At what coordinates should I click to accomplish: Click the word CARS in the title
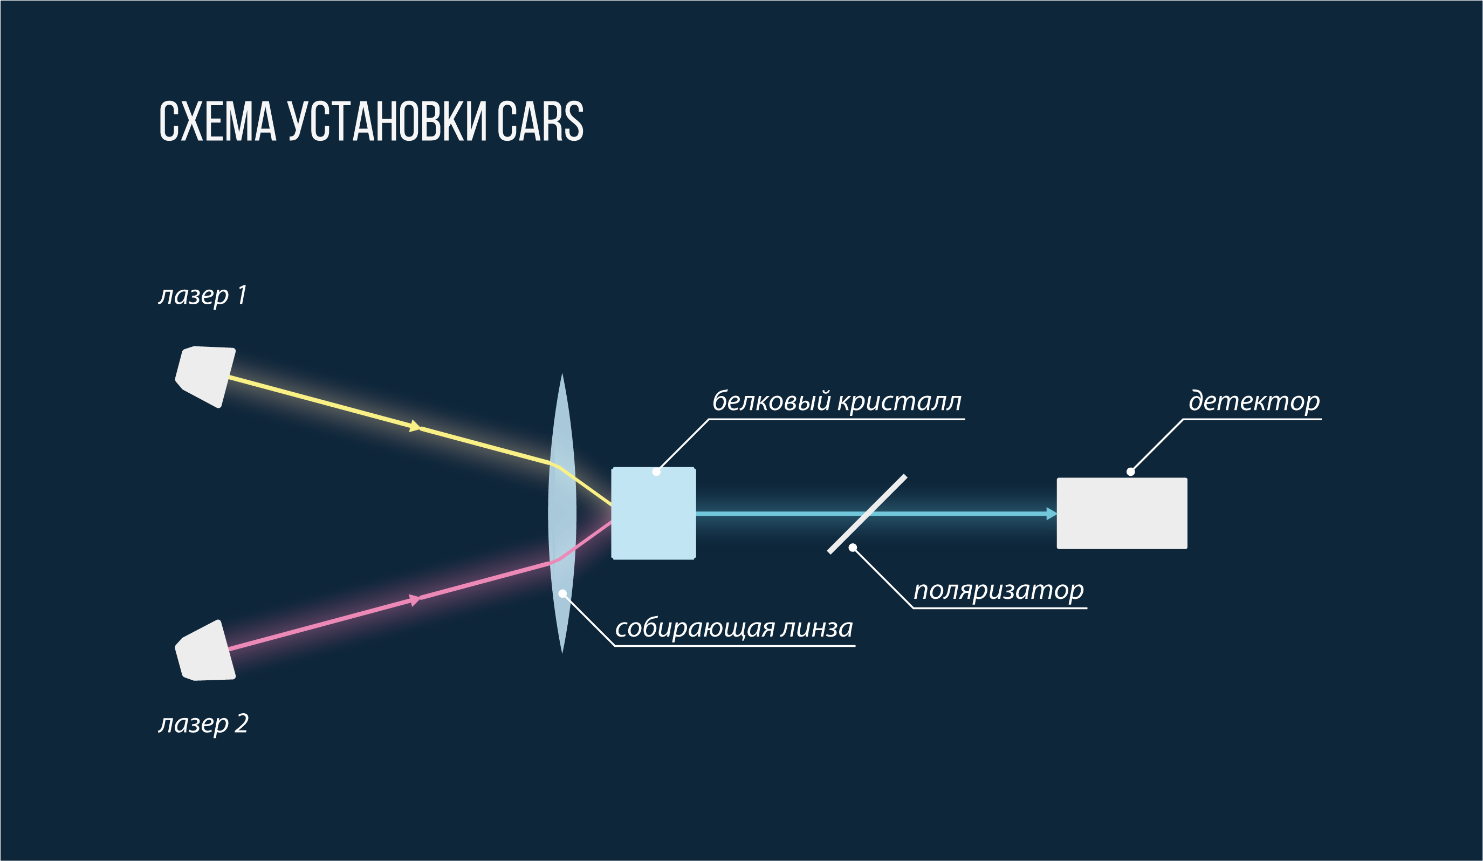(540, 121)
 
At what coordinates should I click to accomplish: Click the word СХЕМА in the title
(217, 121)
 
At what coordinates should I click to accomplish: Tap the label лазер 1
(203, 296)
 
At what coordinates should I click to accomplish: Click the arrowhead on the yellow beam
(415, 426)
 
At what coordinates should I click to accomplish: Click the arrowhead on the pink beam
(415, 600)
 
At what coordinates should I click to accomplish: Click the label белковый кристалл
(836, 402)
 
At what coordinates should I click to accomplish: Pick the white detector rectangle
(1122, 513)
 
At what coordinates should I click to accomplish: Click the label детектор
(1253, 402)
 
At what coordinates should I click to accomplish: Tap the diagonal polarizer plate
(867, 514)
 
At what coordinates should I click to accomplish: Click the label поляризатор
(998, 590)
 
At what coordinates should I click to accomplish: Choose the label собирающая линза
(733, 628)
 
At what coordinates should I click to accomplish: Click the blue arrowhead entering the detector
(1051, 514)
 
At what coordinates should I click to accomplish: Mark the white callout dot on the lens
(562, 594)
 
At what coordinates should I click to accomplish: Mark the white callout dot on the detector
(1130, 471)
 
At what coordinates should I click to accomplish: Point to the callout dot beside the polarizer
(853, 548)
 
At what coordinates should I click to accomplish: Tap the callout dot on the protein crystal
(656, 471)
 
